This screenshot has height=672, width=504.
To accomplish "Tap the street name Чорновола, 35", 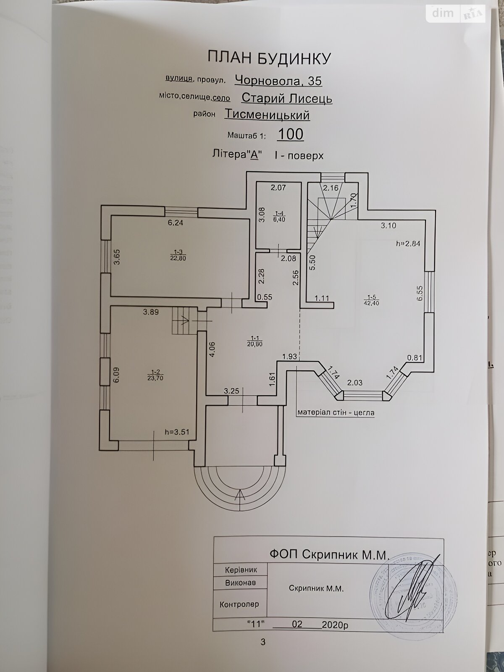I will pos(278,80).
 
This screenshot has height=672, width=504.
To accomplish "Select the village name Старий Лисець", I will pos(287,98).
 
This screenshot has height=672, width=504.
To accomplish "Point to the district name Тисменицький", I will pos(268,115).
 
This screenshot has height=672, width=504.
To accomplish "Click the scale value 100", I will pos(290,134).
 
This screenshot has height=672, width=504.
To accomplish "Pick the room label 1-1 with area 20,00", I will pos(254,341).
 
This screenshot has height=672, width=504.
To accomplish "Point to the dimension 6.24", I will pos(175,223).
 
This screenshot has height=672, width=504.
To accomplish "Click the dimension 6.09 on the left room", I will pos(116,375).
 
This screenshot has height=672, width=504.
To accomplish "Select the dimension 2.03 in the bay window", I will pos(354,383).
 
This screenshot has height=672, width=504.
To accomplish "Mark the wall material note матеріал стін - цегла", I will pos(336,412).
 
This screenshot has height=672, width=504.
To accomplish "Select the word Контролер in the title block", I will pos(239,604).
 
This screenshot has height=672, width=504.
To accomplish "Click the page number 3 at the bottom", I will pos(263,642).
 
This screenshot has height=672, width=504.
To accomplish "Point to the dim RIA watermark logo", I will pos(455,13).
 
